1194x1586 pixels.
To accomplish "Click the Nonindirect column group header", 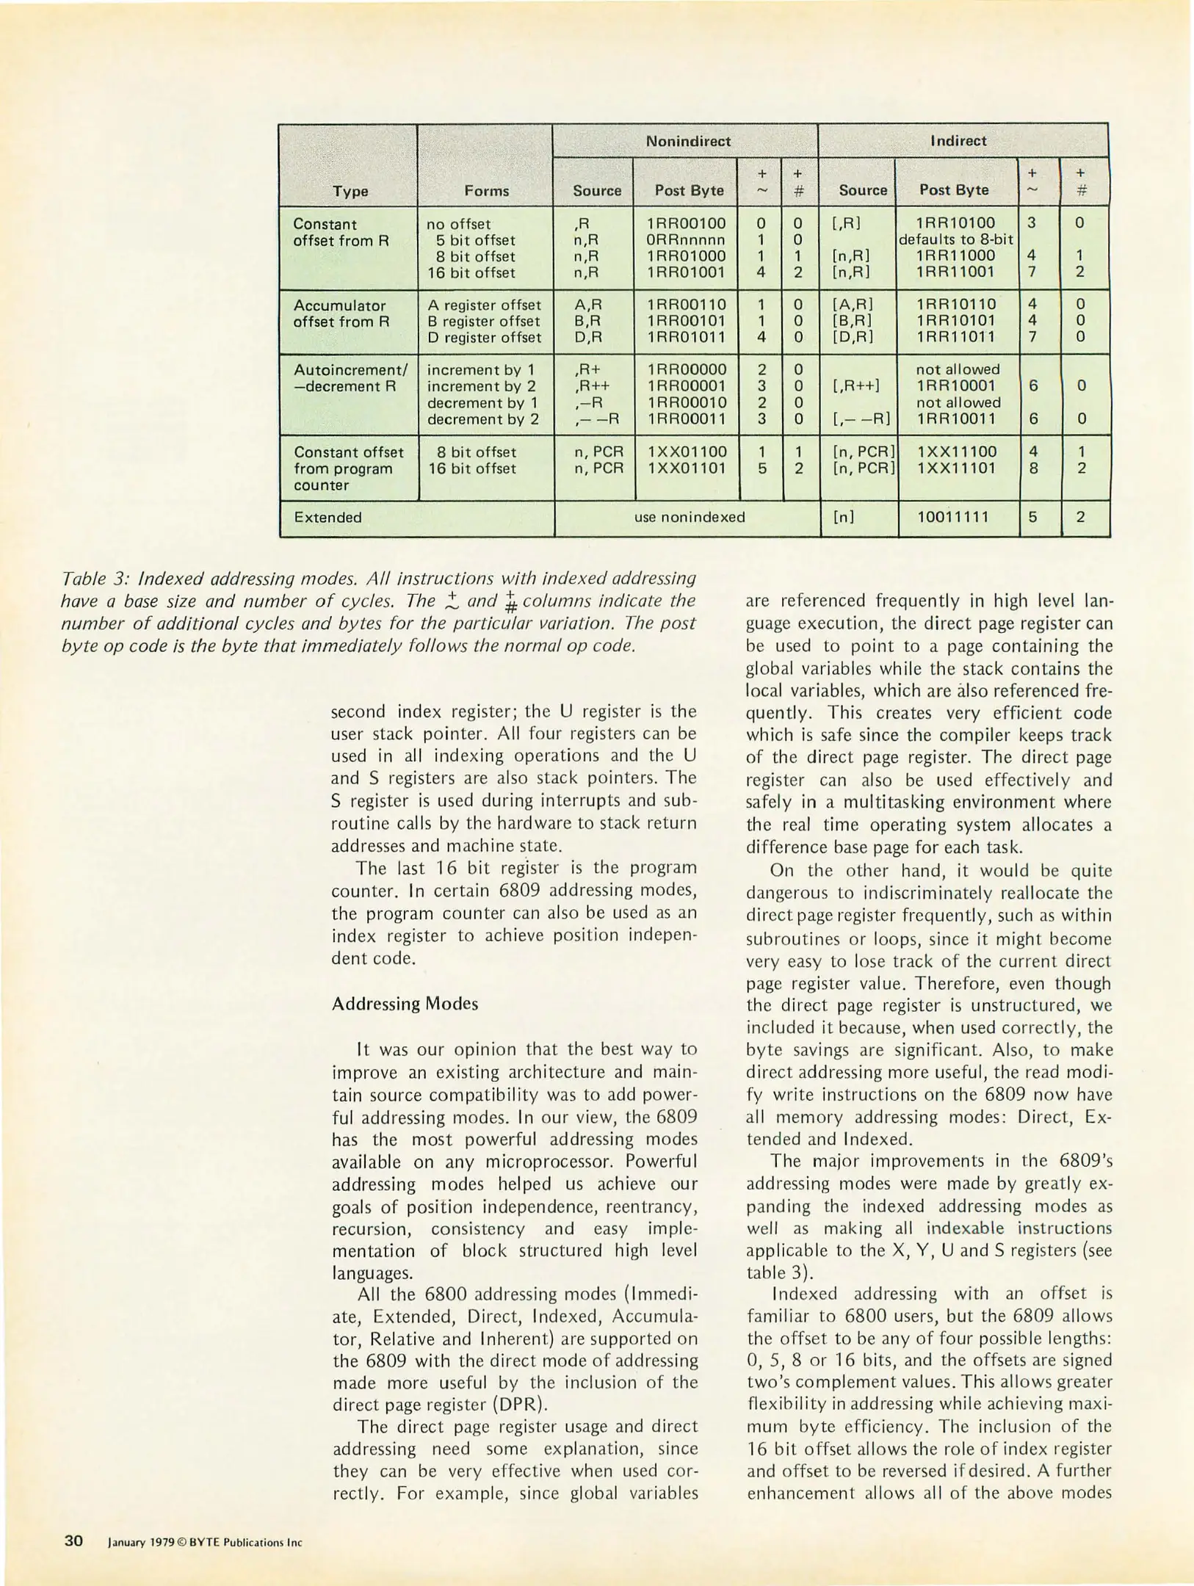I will click(x=687, y=141).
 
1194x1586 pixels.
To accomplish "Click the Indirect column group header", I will click(x=958, y=140).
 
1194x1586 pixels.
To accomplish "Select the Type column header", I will click(x=350, y=191).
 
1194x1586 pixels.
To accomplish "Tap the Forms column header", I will click(x=486, y=191).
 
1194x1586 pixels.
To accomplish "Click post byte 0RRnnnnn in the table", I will click(x=686, y=240).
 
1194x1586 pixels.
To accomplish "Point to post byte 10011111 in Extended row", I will click(x=953, y=517).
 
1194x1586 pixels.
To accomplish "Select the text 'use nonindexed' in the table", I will click(x=689, y=517).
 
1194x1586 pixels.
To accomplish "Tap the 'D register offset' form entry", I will click(x=484, y=338).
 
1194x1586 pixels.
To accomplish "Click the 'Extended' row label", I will click(x=328, y=517).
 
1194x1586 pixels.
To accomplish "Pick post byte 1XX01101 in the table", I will click(x=687, y=468).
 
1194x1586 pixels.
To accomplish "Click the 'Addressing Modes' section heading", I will click(x=405, y=1004).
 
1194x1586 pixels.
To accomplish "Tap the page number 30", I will click(x=73, y=1540).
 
